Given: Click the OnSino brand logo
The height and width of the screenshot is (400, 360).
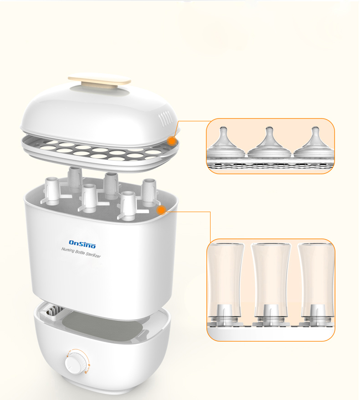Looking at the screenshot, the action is point(82,244).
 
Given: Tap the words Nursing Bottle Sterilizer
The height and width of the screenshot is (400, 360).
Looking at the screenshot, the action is point(81,253).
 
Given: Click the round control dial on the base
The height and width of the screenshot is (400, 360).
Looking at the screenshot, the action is point(74,363).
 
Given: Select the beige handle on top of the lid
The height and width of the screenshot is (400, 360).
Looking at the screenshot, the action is point(99,81).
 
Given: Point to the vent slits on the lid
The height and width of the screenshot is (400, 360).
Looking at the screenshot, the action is point(165,119).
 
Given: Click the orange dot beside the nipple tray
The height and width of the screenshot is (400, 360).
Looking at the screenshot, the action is point(172,140).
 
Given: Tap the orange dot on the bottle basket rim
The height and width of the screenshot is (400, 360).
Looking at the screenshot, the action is point(161,210).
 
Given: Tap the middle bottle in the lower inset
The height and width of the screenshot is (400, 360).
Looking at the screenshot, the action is point(271,284).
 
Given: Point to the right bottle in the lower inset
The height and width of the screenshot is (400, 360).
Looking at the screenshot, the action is point(316,284).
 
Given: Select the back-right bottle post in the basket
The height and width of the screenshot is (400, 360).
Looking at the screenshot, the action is point(149,192).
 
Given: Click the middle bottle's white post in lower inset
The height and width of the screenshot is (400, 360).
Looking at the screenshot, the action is point(272,315).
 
